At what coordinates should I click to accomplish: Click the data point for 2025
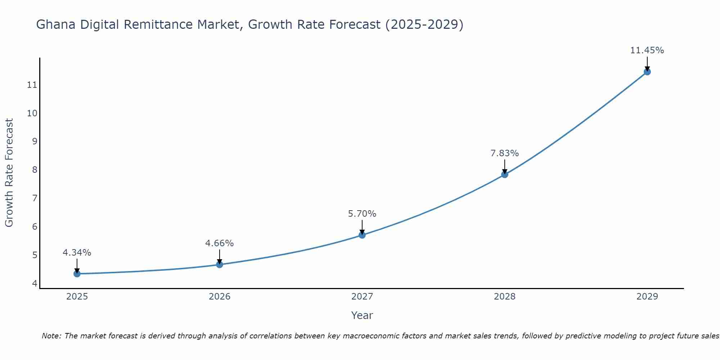[x=77, y=274]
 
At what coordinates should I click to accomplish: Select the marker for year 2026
[x=220, y=265]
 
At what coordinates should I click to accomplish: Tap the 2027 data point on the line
[x=362, y=235]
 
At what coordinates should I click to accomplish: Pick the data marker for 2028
[x=505, y=175]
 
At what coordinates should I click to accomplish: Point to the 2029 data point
[x=647, y=72]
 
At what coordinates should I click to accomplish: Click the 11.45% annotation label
[x=647, y=50]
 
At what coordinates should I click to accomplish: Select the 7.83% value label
[x=505, y=153]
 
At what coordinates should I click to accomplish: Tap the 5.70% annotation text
[x=362, y=214]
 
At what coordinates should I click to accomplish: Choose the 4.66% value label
[x=220, y=243]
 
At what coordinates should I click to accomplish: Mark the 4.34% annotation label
[x=77, y=253]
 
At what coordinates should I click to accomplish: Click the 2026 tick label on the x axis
[x=220, y=297]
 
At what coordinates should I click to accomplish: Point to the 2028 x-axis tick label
[x=505, y=297]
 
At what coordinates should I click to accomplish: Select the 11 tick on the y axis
[x=32, y=85]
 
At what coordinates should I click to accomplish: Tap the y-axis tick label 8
[x=35, y=170]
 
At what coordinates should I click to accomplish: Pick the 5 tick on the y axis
[x=35, y=255]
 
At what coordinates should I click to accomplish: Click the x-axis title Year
[x=362, y=315]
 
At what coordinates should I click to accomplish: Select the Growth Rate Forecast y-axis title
[x=9, y=173]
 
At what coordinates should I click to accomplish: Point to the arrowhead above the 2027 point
[x=362, y=233]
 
